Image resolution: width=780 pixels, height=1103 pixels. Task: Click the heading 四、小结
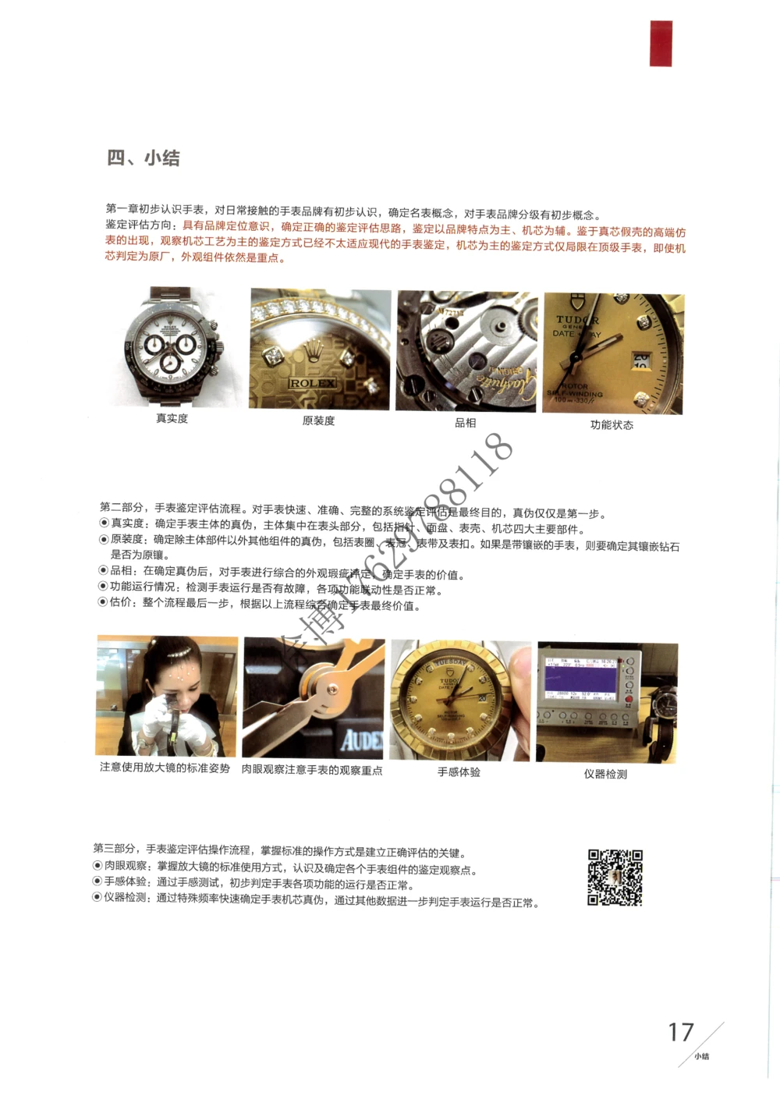point(144,158)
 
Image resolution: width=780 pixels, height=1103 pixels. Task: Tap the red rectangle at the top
point(661,43)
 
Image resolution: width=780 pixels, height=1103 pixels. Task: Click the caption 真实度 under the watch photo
point(172,418)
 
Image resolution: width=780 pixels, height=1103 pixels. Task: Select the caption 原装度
point(318,420)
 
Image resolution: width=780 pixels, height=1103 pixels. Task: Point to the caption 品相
point(465,423)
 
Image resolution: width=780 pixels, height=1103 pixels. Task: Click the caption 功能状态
point(612,425)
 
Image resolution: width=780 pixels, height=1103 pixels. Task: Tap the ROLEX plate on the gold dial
point(312,384)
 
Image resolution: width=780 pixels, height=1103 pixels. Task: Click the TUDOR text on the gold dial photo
point(577,320)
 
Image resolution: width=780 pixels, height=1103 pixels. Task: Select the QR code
point(615,878)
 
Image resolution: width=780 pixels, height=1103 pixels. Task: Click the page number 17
point(681,1033)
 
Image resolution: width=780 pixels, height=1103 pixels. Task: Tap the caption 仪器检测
point(605,774)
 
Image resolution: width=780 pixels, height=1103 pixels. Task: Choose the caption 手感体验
point(459,772)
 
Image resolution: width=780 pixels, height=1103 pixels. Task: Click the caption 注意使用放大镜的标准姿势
point(165,768)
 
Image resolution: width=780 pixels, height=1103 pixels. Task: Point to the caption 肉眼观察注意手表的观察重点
point(312,770)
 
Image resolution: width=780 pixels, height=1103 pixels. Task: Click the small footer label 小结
point(702,1056)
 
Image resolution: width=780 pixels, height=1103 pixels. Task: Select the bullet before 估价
point(102,602)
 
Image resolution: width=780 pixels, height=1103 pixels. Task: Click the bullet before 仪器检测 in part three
point(97,897)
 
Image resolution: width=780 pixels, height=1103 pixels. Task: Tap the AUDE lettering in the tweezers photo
point(361,739)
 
